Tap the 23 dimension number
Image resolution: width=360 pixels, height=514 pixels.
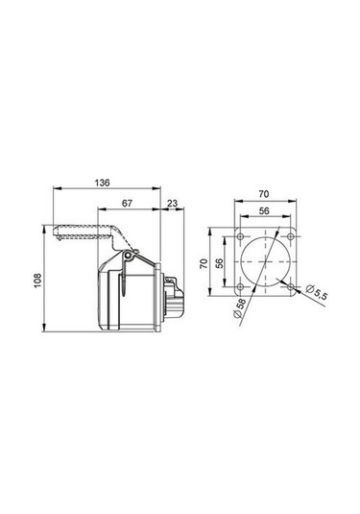[x=171, y=204]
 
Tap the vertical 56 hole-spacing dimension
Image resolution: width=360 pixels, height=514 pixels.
[x=219, y=262]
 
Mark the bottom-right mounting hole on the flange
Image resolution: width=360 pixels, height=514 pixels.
[x=290, y=287]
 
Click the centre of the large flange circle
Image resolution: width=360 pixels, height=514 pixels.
[x=265, y=262]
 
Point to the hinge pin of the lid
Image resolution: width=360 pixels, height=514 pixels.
[x=127, y=257]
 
